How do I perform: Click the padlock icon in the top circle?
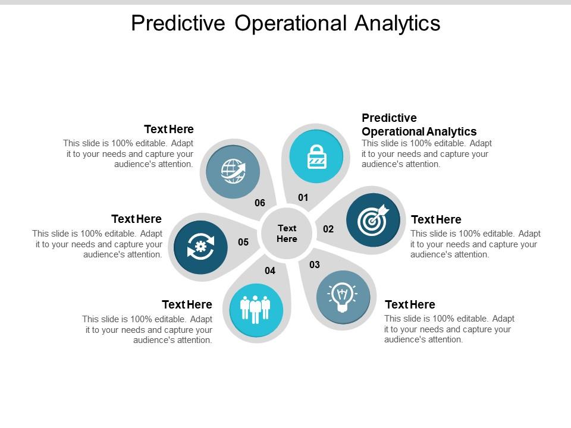(x=317, y=157)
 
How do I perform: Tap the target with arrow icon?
(x=373, y=220)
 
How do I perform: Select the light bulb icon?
(x=343, y=297)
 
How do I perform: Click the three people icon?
(x=255, y=309)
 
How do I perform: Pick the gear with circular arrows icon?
(x=200, y=247)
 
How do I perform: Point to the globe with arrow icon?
(x=233, y=171)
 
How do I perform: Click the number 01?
(x=303, y=197)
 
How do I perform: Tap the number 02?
(x=328, y=229)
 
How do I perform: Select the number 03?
(x=315, y=265)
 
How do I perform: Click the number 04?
(x=270, y=271)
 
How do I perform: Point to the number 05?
(x=243, y=242)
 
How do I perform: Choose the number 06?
(x=260, y=203)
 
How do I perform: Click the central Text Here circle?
(x=287, y=234)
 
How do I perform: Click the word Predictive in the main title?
(x=178, y=23)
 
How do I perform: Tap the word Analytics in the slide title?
(x=397, y=24)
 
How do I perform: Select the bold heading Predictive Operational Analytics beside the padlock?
(x=419, y=124)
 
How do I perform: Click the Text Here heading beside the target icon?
(x=436, y=219)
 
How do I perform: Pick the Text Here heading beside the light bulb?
(x=410, y=304)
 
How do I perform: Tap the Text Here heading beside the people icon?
(x=187, y=304)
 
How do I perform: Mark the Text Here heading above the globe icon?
(x=169, y=129)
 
